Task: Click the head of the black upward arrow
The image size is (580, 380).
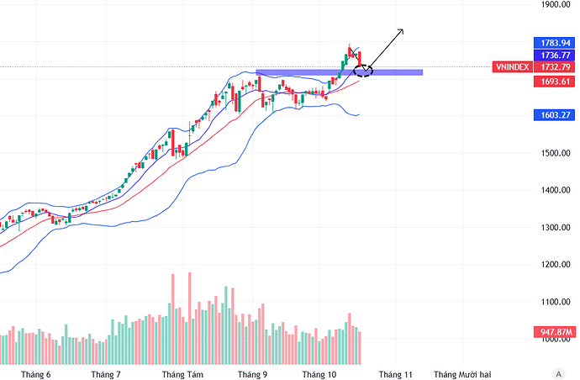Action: [403, 30]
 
